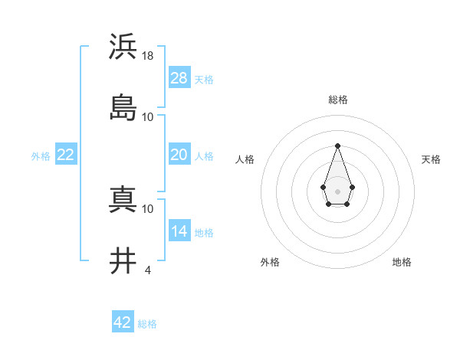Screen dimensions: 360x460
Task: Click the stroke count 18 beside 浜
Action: (148, 55)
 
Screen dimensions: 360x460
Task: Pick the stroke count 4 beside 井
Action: (148, 270)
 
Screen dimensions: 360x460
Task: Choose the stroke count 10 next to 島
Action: (148, 116)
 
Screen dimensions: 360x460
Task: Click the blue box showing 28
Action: (179, 78)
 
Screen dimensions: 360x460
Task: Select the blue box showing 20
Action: (179, 155)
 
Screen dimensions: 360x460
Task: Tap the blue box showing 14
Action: (179, 231)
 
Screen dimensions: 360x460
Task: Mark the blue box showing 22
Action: (66, 155)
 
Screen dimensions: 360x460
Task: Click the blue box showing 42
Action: (123, 322)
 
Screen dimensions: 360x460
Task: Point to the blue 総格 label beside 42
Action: (147, 324)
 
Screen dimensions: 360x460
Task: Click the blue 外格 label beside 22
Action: (41, 156)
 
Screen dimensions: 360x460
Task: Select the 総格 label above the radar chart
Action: (338, 100)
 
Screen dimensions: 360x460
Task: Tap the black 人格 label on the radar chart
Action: (245, 159)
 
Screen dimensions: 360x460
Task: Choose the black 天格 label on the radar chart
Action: (431, 159)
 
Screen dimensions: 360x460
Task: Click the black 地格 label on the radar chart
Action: (402, 262)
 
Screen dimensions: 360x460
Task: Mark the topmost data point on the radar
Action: (337, 146)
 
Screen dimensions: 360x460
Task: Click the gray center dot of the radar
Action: (337, 191)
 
